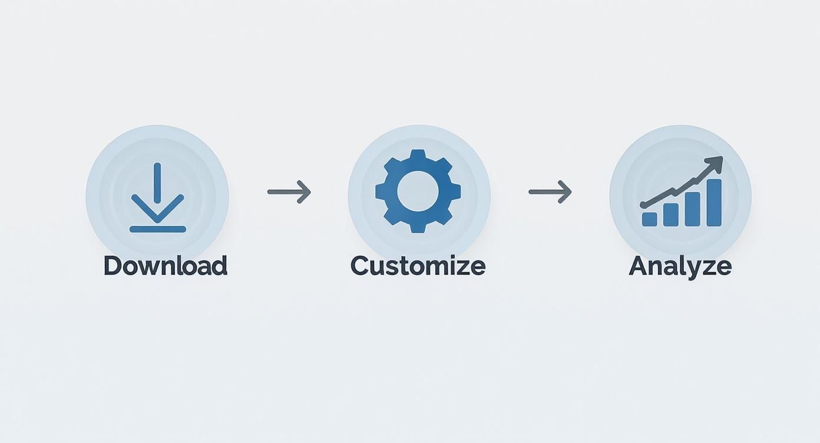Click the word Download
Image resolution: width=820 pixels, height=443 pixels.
pos(165,266)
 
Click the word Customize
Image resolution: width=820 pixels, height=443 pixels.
pos(418,266)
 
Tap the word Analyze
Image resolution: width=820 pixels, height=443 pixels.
pos(680,266)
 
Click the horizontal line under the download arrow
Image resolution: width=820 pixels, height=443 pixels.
pos(157,229)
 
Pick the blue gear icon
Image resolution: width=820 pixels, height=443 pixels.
pos(418,191)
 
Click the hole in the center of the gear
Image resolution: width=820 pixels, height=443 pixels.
pos(418,191)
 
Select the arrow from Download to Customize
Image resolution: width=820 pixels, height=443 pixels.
pos(289,191)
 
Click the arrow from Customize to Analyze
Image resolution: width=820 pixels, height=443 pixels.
pos(550,191)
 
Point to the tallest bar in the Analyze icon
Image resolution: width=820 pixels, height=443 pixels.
pos(713,203)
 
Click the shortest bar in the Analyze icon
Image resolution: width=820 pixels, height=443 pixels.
pos(649,219)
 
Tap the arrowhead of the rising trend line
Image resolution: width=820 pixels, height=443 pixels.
pos(715,162)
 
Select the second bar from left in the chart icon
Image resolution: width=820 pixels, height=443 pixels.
pos(670,215)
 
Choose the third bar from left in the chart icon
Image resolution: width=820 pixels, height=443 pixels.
pos(692,209)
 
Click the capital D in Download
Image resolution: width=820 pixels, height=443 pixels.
pos(113,266)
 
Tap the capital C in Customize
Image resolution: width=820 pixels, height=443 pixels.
pos(360,266)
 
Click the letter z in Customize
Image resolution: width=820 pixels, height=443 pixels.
pos(462,267)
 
